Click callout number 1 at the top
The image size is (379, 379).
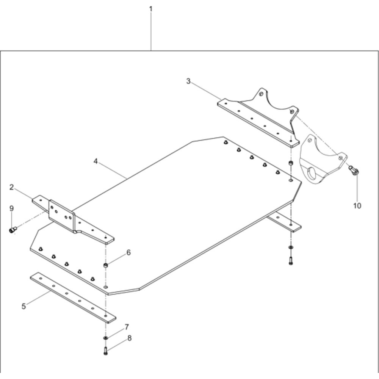pyautogui.click(x=151, y=9)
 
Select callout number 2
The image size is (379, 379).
pyautogui.click(x=12, y=187)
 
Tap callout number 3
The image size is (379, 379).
pyautogui.click(x=188, y=81)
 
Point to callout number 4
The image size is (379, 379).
pyautogui.click(x=96, y=161)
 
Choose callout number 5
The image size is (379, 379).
pyautogui.click(x=23, y=306)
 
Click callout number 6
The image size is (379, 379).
pyautogui.click(x=128, y=252)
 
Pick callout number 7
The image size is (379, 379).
pyautogui.click(x=127, y=327)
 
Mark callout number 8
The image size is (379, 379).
pyautogui.click(x=130, y=338)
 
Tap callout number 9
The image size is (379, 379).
pyautogui.click(x=12, y=208)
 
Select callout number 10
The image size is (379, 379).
pyautogui.click(x=357, y=206)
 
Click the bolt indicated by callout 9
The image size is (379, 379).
pyautogui.click(x=13, y=230)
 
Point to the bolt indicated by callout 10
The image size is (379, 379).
pyautogui.click(x=354, y=170)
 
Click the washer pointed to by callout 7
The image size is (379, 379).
pyautogui.click(x=106, y=337)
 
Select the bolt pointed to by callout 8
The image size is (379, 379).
pyautogui.click(x=105, y=351)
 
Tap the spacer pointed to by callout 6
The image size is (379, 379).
pyautogui.click(x=106, y=265)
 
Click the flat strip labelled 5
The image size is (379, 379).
pyautogui.click(x=73, y=298)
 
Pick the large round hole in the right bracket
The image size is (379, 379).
pyautogui.click(x=313, y=174)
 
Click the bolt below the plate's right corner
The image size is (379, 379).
pyautogui.click(x=291, y=261)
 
